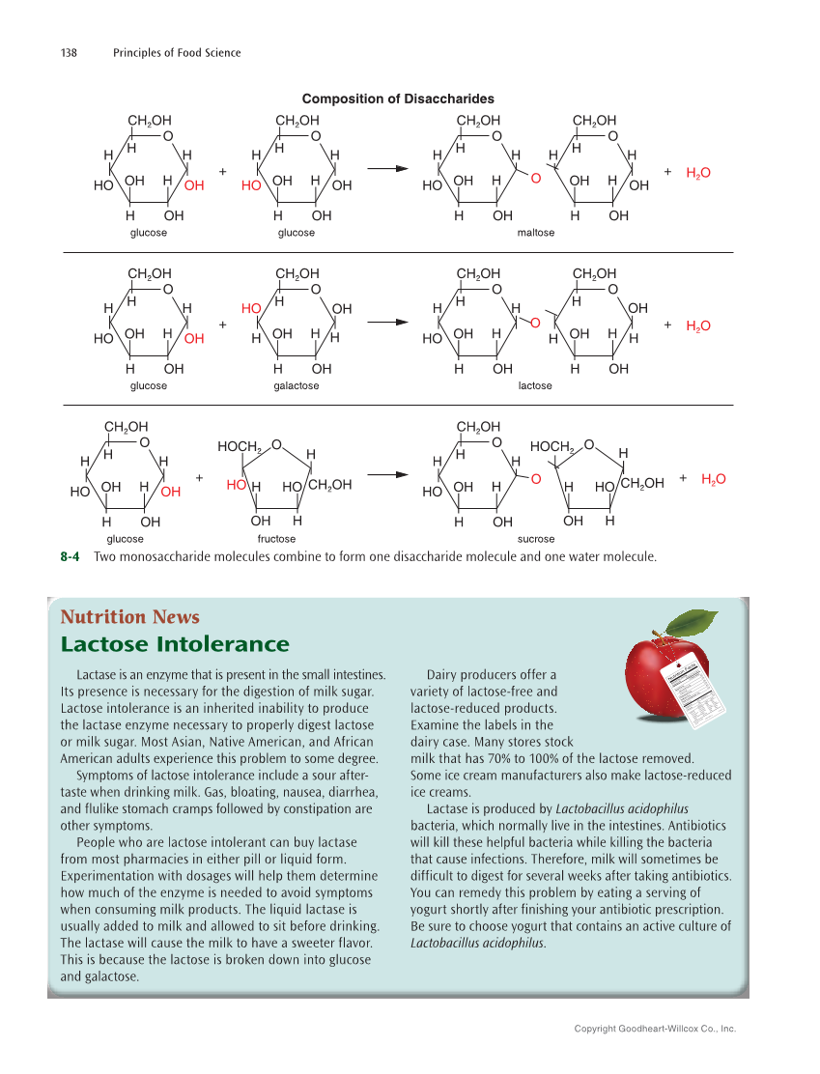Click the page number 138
pos(71,52)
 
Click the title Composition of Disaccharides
pos(398,99)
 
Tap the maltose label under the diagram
pos(535,233)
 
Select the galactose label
pos(296,385)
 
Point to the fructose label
pos(276,538)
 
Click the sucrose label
pos(535,538)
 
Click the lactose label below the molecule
pos(535,385)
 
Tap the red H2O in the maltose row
pos(697,173)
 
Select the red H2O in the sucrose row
pos(713,479)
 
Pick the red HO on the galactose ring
pos(251,308)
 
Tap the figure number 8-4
pos(70,557)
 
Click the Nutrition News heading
pos(129,617)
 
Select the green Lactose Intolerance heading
pos(174,644)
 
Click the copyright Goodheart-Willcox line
pos(655,1029)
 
